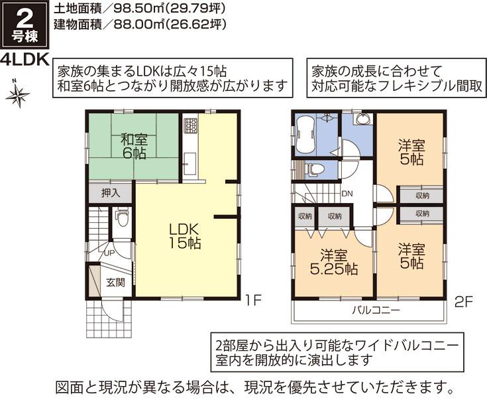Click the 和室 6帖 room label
pos(134,147)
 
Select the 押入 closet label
pos(111,194)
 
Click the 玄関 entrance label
pos(115,282)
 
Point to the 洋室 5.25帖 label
pos(335,263)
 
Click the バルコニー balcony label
pos(375,310)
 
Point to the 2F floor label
pos(463,302)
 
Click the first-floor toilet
pos(121,218)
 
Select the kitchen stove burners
pos(190,125)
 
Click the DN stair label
pos(347,194)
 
